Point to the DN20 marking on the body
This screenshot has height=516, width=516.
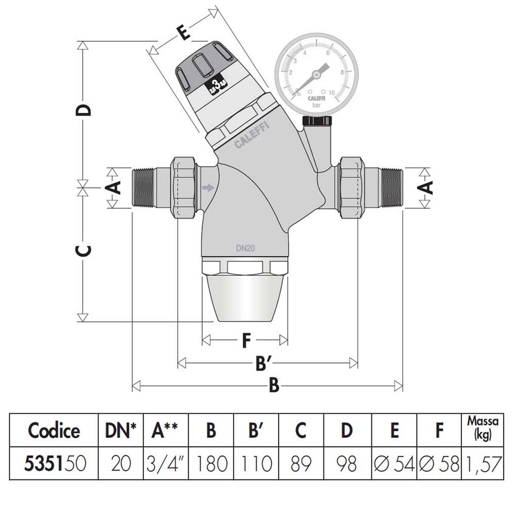[245, 248]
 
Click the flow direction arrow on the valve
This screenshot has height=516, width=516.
[208, 188]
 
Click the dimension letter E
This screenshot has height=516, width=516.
[183, 31]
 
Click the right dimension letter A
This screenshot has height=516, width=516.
[427, 187]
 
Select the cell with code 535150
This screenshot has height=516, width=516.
[54, 464]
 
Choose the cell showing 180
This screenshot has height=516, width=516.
[211, 464]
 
